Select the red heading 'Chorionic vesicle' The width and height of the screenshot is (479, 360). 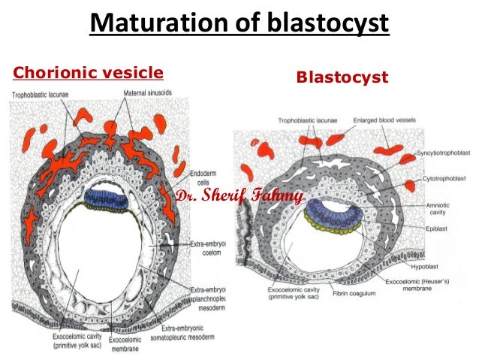tap(89, 73)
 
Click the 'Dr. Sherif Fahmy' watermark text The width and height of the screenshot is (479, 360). tap(239, 197)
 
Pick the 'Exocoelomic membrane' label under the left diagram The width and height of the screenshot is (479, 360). tap(125, 343)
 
